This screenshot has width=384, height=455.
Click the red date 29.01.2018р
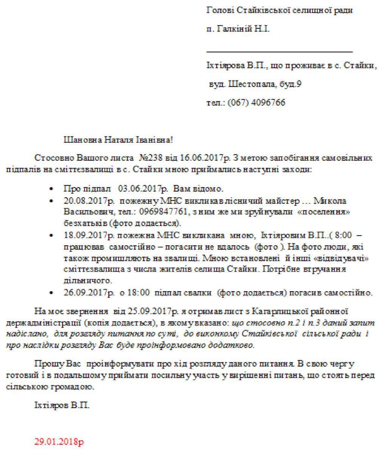59,442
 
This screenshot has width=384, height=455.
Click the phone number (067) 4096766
256,103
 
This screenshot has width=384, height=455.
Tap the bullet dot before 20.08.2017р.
52,201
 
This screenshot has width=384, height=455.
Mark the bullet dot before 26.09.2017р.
52,293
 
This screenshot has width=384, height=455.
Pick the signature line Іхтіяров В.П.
62,405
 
